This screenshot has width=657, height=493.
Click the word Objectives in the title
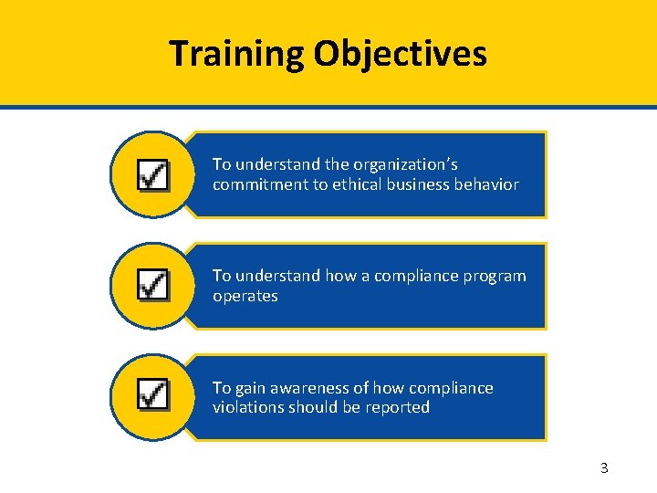click(x=401, y=54)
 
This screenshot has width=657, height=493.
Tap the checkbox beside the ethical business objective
click(x=152, y=174)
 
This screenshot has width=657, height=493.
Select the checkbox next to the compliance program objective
click(x=152, y=285)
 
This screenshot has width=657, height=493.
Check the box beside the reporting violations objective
click(x=152, y=395)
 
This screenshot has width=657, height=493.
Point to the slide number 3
click(x=604, y=468)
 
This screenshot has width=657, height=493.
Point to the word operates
click(x=245, y=296)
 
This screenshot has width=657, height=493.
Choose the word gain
click(x=250, y=388)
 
